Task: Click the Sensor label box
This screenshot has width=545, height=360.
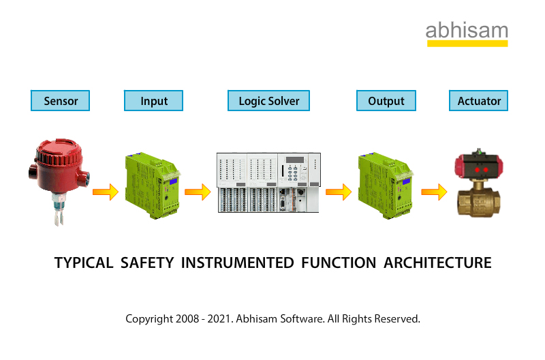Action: pos(61,101)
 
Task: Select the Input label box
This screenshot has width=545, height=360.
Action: pos(154,101)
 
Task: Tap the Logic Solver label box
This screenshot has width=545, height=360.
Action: pos(268,101)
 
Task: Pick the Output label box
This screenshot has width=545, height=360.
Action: pos(386,101)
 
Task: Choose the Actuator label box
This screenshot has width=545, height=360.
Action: pos(479,101)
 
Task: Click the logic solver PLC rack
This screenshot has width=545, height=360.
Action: pos(268,182)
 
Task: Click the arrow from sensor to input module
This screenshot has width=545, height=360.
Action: pos(105,192)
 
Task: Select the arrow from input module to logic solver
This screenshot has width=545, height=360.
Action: pos(198,192)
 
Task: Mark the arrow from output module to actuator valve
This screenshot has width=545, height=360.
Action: pos(433,192)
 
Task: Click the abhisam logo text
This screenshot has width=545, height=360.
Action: pos(467,31)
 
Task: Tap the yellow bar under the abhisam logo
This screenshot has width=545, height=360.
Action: pos(467,44)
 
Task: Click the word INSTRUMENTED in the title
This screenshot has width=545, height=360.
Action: pos(236,263)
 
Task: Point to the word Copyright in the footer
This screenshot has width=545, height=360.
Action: pos(147,318)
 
